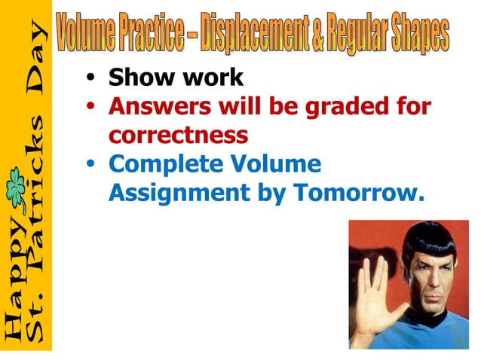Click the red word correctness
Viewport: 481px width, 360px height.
tap(178, 135)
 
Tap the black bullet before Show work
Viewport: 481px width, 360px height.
tap(91, 78)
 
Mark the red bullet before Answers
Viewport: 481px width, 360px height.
tap(91, 106)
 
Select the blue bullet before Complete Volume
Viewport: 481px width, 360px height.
tap(91, 164)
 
